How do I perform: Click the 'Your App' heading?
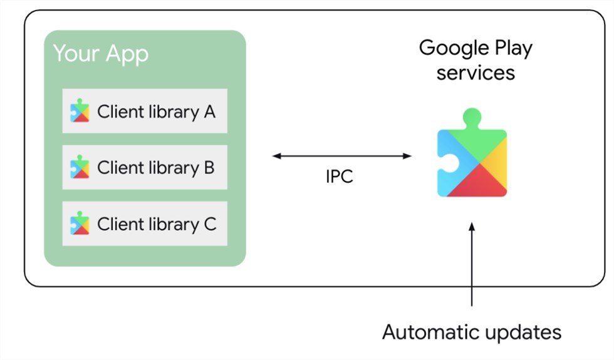(x=100, y=53)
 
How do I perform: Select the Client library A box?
(x=145, y=111)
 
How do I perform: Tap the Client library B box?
(x=145, y=167)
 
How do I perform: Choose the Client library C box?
(x=145, y=224)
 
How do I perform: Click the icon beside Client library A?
(x=80, y=111)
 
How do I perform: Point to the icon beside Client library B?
(x=80, y=167)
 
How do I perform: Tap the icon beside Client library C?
(x=80, y=224)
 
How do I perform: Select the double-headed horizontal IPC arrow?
(x=342, y=156)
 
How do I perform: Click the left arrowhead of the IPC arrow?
(x=276, y=156)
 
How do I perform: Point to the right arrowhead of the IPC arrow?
(x=408, y=156)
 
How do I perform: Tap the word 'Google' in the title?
(x=448, y=48)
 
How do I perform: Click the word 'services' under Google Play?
(x=476, y=73)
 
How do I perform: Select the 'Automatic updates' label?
(x=471, y=331)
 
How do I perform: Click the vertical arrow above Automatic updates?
(x=472, y=263)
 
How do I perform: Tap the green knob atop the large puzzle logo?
(x=472, y=117)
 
